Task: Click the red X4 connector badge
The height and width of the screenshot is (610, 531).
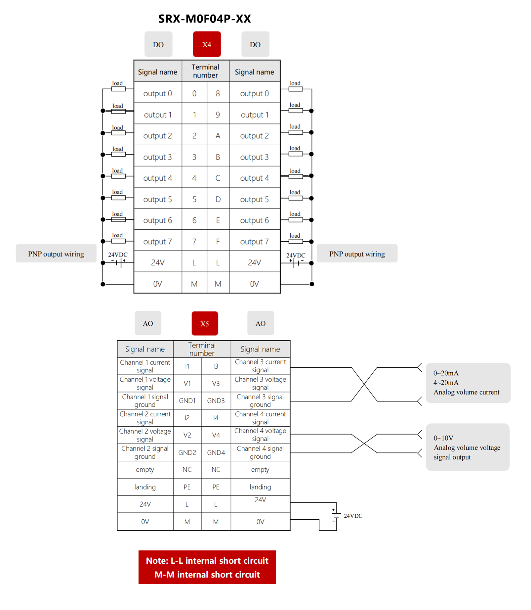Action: click(x=207, y=44)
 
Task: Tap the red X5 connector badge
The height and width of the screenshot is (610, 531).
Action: click(x=205, y=323)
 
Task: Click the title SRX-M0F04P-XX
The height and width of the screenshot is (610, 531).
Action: click(x=204, y=19)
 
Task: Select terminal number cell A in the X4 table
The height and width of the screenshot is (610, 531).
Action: click(x=218, y=136)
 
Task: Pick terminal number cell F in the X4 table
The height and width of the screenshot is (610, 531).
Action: click(x=218, y=242)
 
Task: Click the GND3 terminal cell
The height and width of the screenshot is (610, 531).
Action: click(x=216, y=401)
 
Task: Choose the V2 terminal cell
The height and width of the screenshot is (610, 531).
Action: click(x=187, y=435)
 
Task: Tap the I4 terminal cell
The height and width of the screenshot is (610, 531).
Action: click(x=216, y=418)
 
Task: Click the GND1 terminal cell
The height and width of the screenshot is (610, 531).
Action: click(x=187, y=401)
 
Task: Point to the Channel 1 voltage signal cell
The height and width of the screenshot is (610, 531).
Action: click(x=145, y=383)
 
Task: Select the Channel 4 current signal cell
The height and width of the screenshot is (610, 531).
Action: click(x=260, y=418)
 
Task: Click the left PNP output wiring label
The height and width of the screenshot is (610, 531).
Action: click(x=56, y=254)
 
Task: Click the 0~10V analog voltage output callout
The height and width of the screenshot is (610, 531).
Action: click(x=467, y=447)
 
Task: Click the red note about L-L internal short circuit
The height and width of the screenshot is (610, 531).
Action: click(x=207, y=567)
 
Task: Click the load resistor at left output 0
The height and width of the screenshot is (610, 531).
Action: click(x=118, y=89)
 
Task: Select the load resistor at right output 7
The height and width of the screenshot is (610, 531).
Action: click(x=296, y=241)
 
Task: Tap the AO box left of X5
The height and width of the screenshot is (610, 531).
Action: click(x=148, y=323)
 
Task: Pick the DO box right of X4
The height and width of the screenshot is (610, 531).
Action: click(x=255, y=44)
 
